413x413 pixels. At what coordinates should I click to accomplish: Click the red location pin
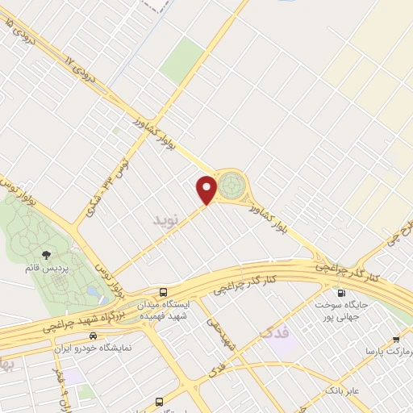207,189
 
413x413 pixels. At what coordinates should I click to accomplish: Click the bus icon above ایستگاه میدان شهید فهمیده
164,293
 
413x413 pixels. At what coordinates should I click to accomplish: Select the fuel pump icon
342,293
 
